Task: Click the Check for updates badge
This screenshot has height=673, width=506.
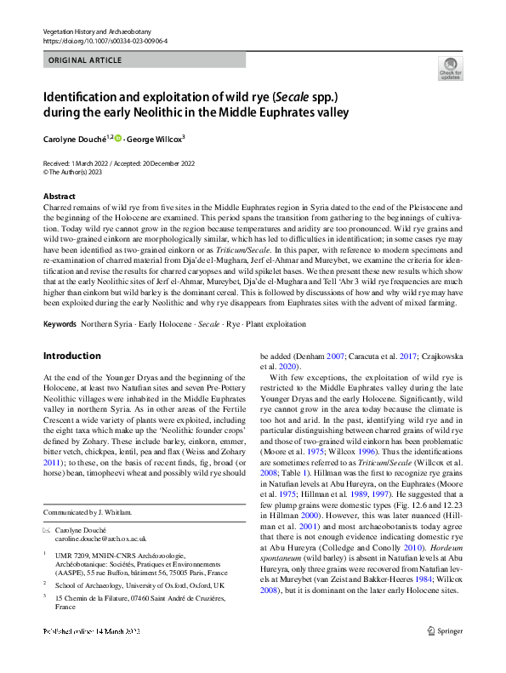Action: point(450,68)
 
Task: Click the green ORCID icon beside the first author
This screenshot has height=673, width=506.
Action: point(119,138)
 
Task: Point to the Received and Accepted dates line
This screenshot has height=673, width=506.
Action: point(118,163)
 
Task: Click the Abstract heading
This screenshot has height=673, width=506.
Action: point(58,196)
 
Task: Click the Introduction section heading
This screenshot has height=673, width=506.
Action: point(71,356)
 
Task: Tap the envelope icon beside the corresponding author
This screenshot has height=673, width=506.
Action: point(47,529)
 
